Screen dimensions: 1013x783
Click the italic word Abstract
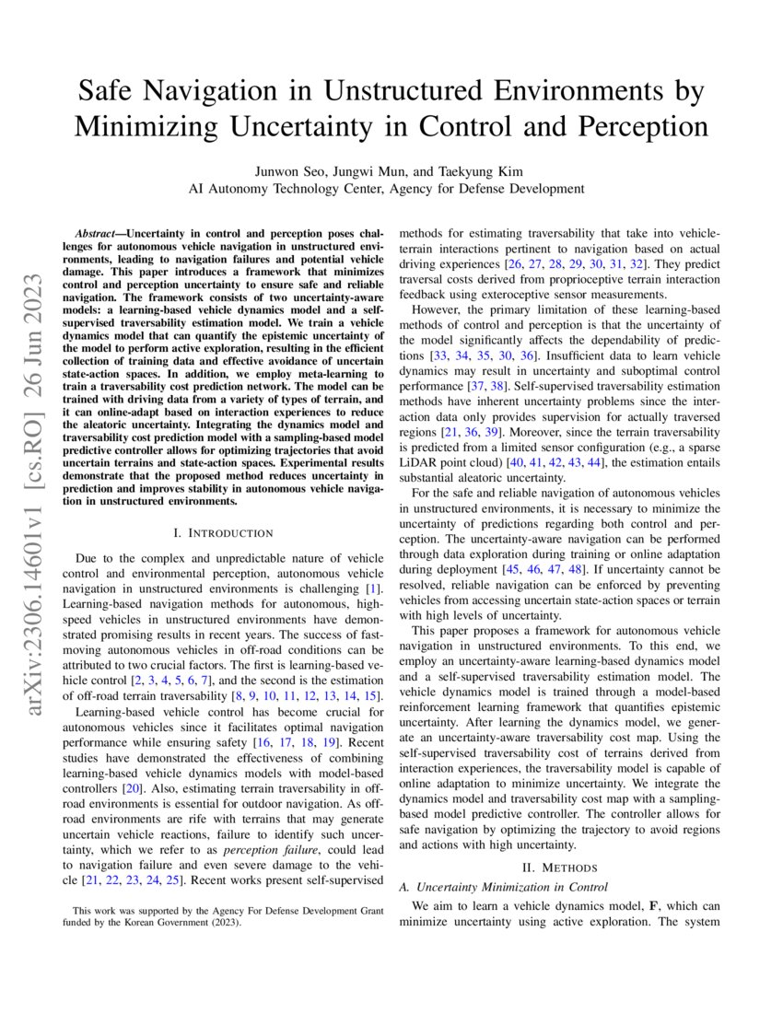click(98, 235)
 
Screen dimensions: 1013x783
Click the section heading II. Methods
click(559, 867)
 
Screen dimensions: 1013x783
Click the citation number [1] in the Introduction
click(374, 587)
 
